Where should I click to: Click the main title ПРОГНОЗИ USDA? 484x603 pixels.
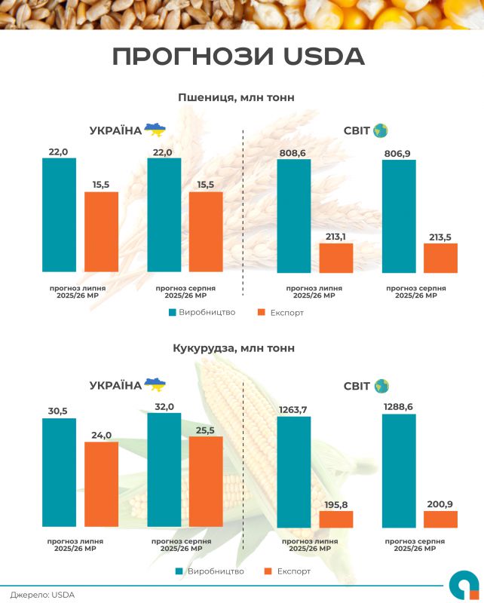(x=237, y=57)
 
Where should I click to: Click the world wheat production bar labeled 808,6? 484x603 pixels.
(x=294, y=216)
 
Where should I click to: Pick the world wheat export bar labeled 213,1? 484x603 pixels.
(x=336, y=258)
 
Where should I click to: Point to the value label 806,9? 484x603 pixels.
(x=399, y=152)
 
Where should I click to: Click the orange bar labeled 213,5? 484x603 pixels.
(x=440, y=258)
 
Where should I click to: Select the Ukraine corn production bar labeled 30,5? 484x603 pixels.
(x=59, y=472)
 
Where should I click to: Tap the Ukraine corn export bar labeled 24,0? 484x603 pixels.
(x=101, y=484)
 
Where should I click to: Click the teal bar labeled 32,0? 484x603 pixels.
(x=164, y=469)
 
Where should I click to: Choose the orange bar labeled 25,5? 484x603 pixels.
(x=206, y=481)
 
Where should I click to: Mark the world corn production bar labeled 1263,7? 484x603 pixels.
(x=294, y=471)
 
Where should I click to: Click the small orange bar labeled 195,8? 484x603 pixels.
(x=336, y=519)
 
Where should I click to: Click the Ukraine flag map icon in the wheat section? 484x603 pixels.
(x=155, y=130)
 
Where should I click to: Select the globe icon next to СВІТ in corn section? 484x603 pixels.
(x=381, y=385)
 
